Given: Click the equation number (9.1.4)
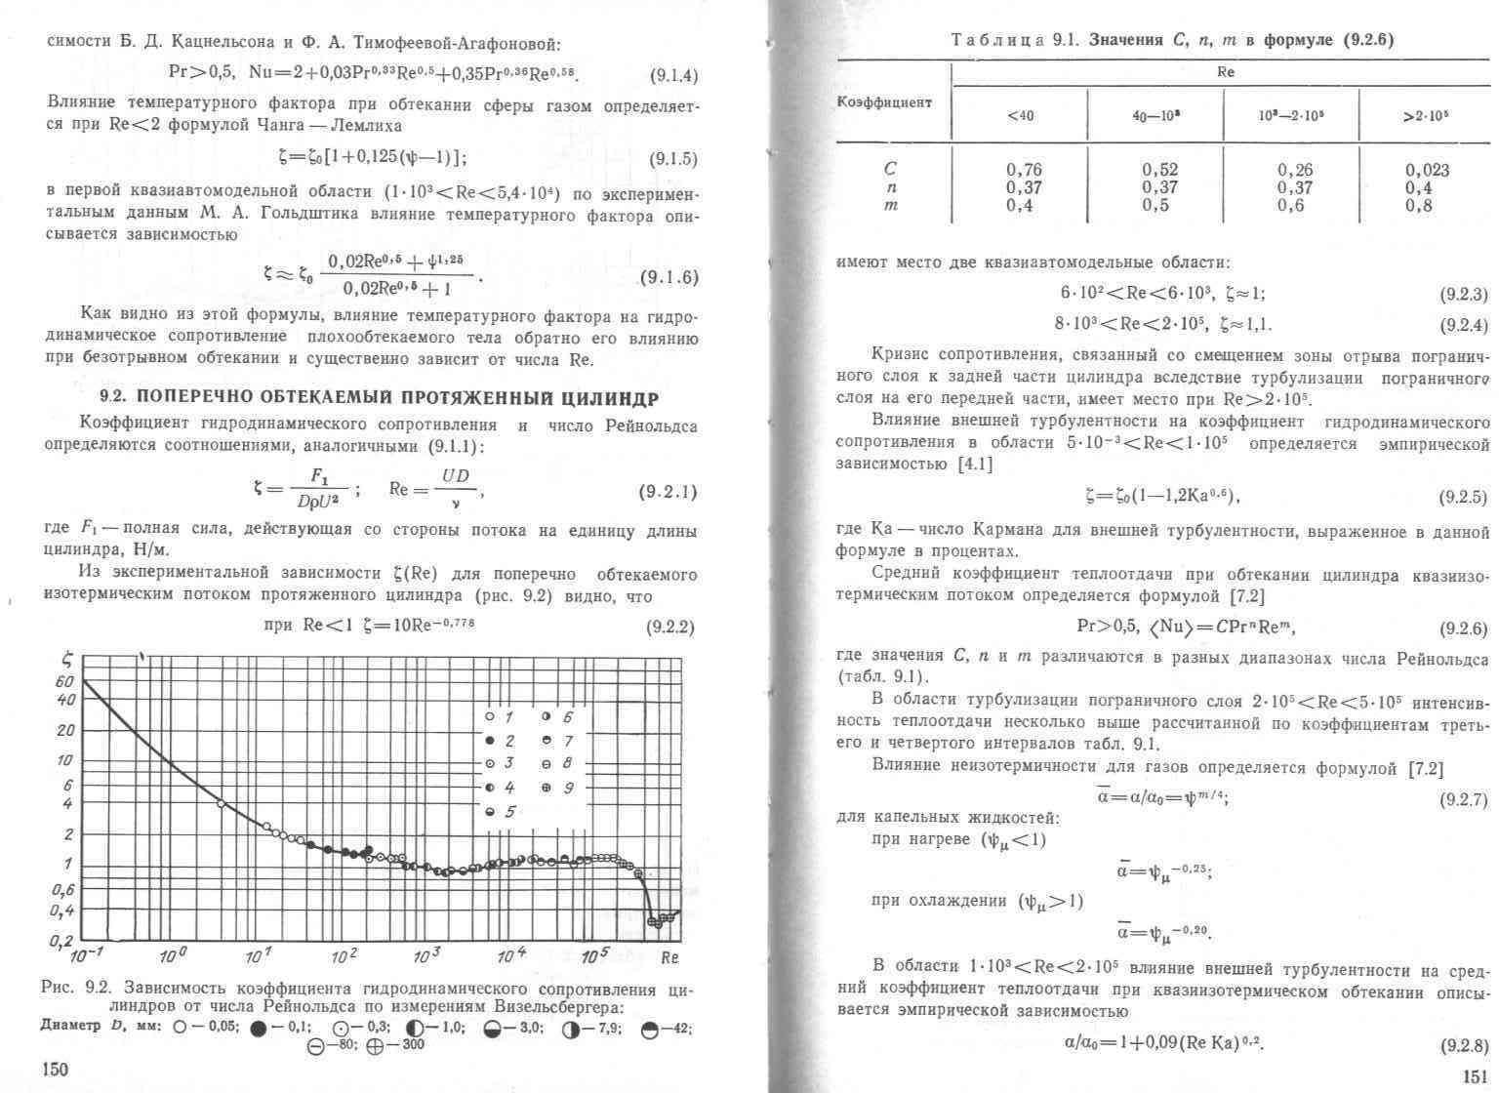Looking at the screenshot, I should click(673, 76).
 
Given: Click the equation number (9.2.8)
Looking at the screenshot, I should click(1464, 1046).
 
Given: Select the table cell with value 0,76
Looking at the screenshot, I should click(1024, 170).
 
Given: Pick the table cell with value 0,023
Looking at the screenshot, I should click(1427, 170).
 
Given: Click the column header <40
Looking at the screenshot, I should click(1020, 115).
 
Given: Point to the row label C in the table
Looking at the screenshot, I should click(889, 169).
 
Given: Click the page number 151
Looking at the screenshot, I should click(1474, 1076).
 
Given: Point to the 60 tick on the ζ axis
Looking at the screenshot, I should click(65, 682).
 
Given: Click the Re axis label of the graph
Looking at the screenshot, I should click(669, 957).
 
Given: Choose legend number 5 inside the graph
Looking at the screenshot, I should click(509, 812).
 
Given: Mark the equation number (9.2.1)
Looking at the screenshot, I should click(668, 492).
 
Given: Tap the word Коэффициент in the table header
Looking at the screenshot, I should click(884, 101).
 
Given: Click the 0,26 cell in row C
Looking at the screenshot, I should click(1295, 170).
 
